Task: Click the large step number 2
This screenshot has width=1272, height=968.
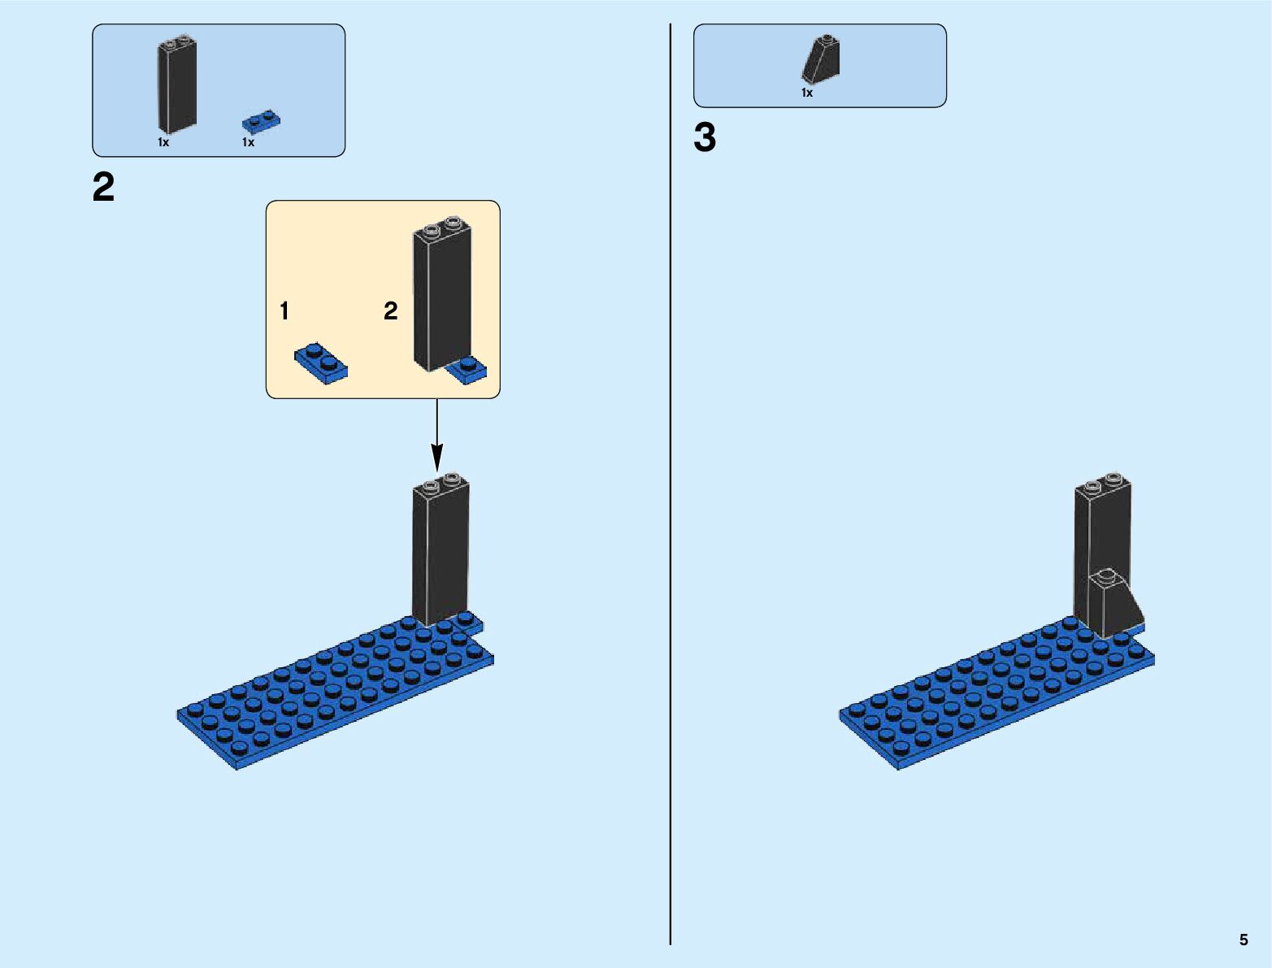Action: coord(104,188)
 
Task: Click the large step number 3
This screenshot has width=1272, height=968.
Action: coord(705,137)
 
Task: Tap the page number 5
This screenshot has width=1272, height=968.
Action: coord(1244,940)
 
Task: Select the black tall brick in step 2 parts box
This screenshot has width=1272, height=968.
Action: coord(176,85)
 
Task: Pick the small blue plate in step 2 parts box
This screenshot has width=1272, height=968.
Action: coord(262,122)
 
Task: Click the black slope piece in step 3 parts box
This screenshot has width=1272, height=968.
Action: coord(823,61)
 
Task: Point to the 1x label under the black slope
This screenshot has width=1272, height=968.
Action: coord(807,93)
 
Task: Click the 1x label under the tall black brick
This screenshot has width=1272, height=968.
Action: coord(163,142)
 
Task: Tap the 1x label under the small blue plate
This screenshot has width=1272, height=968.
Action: coord(248,142)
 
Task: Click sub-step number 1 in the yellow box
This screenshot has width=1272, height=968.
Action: coord(284,310)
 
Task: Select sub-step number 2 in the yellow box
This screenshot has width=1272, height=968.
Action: coord(391,310)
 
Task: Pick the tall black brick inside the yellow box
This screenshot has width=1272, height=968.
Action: coord(442,297)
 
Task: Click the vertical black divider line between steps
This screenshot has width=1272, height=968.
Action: coord(671,488)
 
